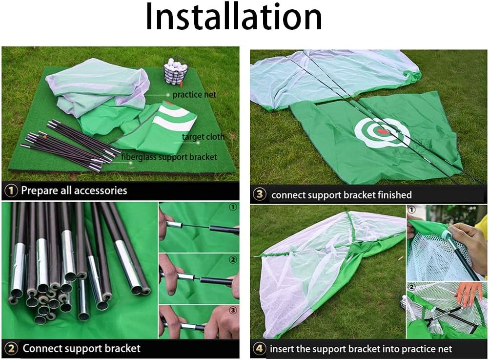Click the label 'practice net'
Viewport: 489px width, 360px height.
194,94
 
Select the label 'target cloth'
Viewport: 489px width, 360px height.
203,137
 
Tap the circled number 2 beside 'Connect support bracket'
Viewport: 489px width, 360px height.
12,348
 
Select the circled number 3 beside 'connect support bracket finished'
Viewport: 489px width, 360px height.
260,195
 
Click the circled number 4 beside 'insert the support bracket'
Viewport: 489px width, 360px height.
260,349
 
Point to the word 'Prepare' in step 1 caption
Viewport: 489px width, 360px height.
39,190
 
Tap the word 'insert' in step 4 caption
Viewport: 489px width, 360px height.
282,349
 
